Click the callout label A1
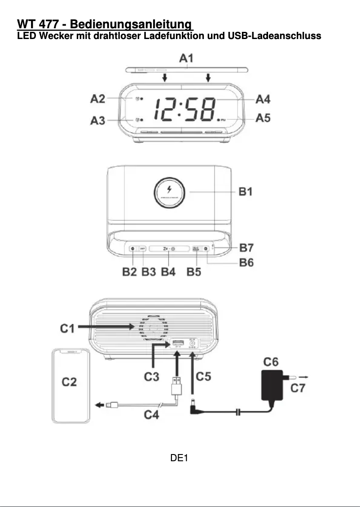point(186,58)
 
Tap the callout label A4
point(263,99)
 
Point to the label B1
point(246,192)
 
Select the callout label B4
point(168,272)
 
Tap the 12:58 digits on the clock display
point(184,109)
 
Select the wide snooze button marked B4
point(169,249)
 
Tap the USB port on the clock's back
point(177,345)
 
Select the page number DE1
point(179,458)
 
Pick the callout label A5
point(263,119)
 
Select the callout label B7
point(246,247)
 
